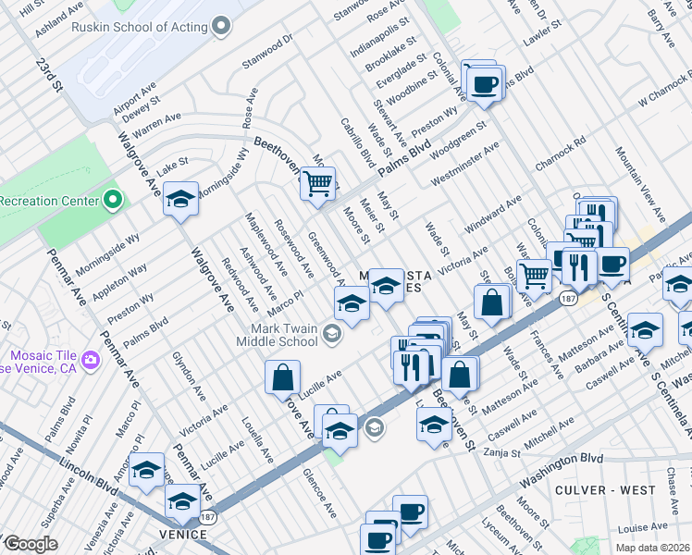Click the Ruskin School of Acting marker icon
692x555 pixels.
click(220, 27)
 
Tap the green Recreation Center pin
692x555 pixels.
click(113, 200)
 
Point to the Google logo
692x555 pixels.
click(30, 544)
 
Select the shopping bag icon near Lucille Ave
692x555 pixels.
click(282, 376)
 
